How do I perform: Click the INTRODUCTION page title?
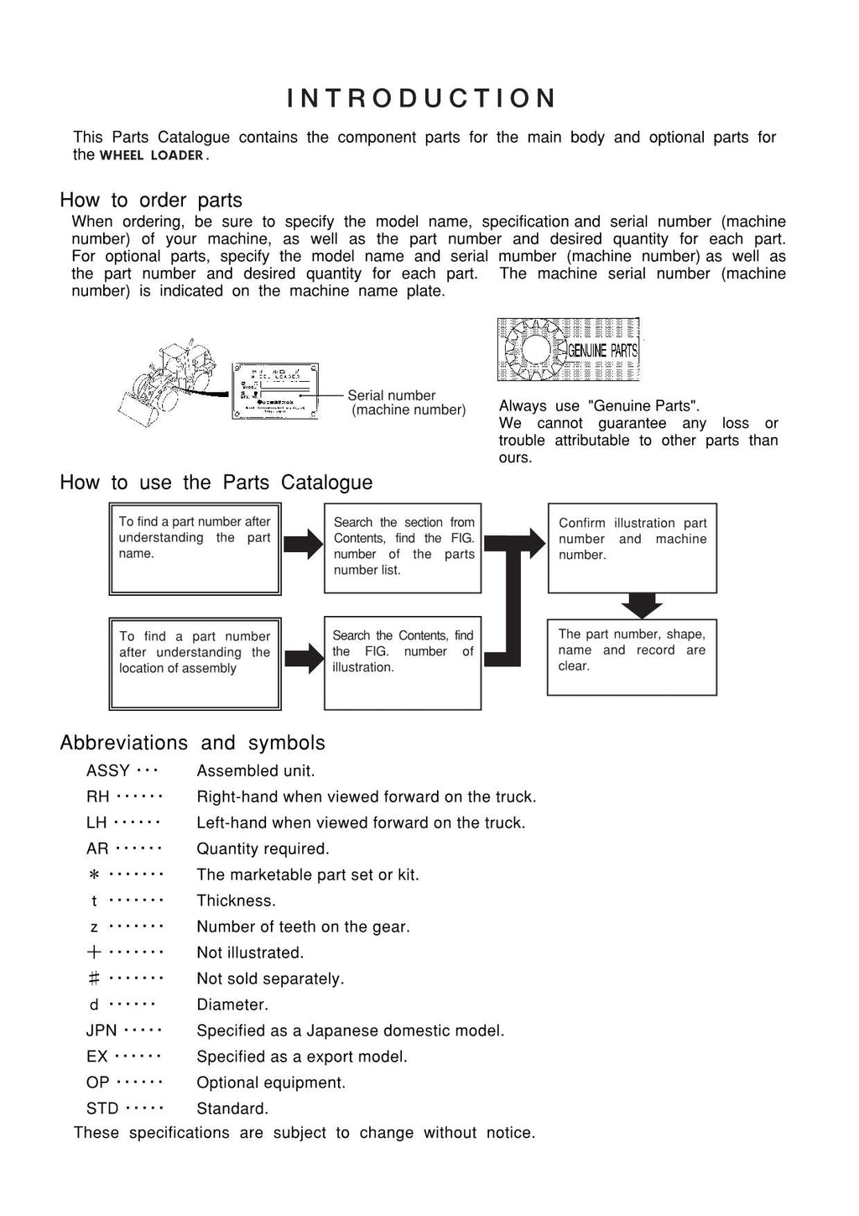click(x=421, y=99)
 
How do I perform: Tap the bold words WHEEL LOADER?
click(x=152, y=155)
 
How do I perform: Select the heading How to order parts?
click(x=151, y=201)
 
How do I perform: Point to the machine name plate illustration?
click(x=274, y=391)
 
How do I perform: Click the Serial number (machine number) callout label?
click(x=406, y=403)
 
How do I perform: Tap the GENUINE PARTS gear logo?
click(x=568, y=350)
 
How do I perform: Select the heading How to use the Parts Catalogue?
click(x=216, y=483)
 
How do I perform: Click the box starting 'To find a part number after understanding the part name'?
click(x=195, y=549)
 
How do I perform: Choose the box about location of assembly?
click(x=195, y=664)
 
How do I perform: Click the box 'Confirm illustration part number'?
click(x=632, y=548)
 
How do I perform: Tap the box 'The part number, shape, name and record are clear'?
click(x=632, y=657)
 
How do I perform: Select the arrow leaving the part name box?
click(x=302, y=545)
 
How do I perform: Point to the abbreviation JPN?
click(x=102, y=1031)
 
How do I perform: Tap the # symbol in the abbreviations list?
click(x=94, y=979)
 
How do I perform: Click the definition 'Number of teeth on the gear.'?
click(x=303, y=927)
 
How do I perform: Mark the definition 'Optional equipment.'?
click(x=271, y=1083)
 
